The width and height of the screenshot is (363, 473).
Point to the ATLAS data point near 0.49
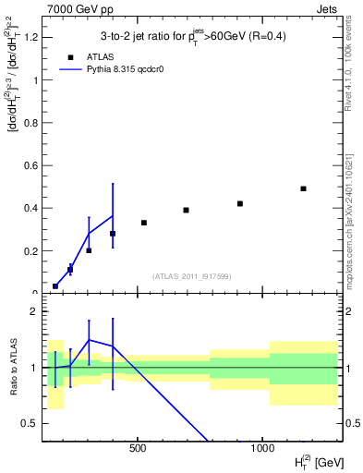click(x=303, y=188)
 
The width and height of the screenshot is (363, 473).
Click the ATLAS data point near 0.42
click(x=240, y=203)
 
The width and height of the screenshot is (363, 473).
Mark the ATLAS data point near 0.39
click(x=186, y=210)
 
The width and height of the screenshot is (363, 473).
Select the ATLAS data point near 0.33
click(x=144, y=223)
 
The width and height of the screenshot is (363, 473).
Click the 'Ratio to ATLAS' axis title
click(x=13, y=367)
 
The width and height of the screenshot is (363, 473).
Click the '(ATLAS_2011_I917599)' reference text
click(x=191, y=275)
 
